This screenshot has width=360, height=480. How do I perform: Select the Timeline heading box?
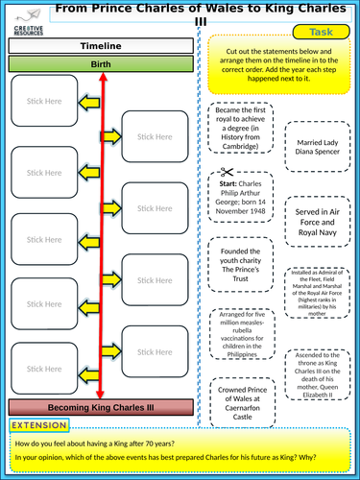pyautogui.click(x=101, y=45)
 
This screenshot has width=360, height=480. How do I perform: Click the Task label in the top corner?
pyautogui.click(x=321, y=31)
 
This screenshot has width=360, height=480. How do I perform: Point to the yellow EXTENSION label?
pyautogui.click(x=41, y=424)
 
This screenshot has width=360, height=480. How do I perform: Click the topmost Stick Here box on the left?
pyautogui.click(x=42, y=99)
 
